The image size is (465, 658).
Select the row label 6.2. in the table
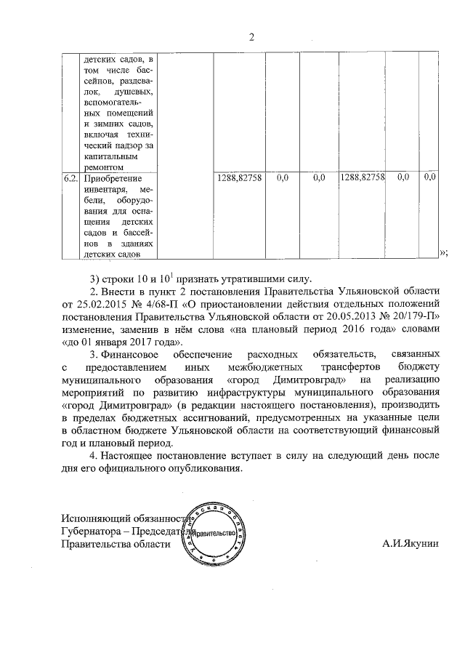70,177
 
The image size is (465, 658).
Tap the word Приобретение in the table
110,177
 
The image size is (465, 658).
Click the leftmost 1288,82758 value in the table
238,177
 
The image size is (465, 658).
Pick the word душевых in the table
134,91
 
